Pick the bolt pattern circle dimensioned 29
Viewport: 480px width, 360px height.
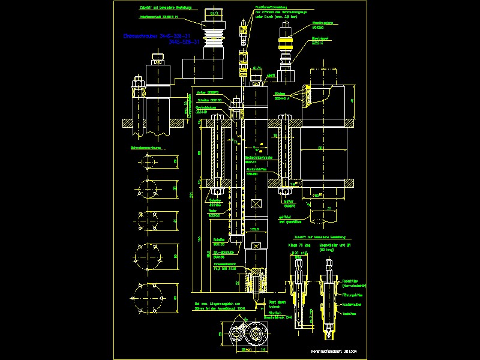click(148, 161)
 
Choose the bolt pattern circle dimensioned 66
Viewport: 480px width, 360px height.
click(148, 297)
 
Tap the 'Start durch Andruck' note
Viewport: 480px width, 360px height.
click(275, 304)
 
